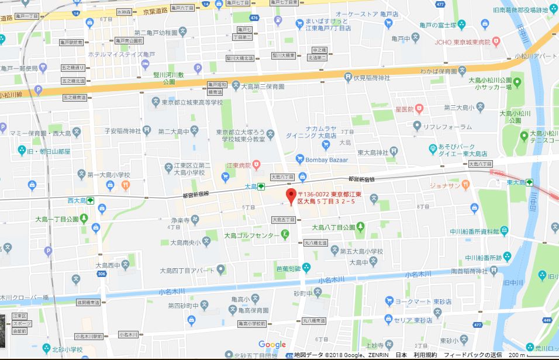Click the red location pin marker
pyautogui.click(x=289, y=196)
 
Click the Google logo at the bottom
pyautogui.click(x=272, y=344)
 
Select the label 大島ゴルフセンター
pyautogui.click(x=251, y=236)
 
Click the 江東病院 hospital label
pyautogui.click(x=239, y=165)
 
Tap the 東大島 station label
pyautogui.click(x=516, y=182)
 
